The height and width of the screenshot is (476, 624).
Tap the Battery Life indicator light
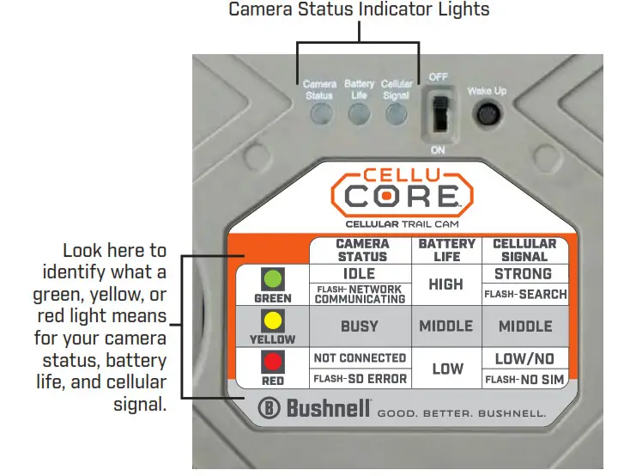click(360, 115)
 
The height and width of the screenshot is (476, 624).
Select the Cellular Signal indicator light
click(396, 115)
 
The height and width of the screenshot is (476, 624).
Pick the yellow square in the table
click(273, 320)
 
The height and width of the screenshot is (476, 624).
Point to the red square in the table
click(273, 360)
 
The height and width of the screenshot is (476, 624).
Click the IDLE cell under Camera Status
click(359, 274)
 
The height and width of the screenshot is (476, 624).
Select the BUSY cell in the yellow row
click(359, 326)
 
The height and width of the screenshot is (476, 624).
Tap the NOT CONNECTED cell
click(360, 357)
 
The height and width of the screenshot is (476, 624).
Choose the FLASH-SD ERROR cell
click(360, 378)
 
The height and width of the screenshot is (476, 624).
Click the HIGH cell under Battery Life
click(446, 284)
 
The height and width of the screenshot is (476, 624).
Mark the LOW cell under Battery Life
click(447, 369)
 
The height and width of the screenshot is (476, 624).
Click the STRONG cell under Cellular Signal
click(523, 274)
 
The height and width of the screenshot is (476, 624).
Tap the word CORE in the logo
click(401, 197)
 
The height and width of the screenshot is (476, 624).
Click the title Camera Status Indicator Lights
click(359, 10)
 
